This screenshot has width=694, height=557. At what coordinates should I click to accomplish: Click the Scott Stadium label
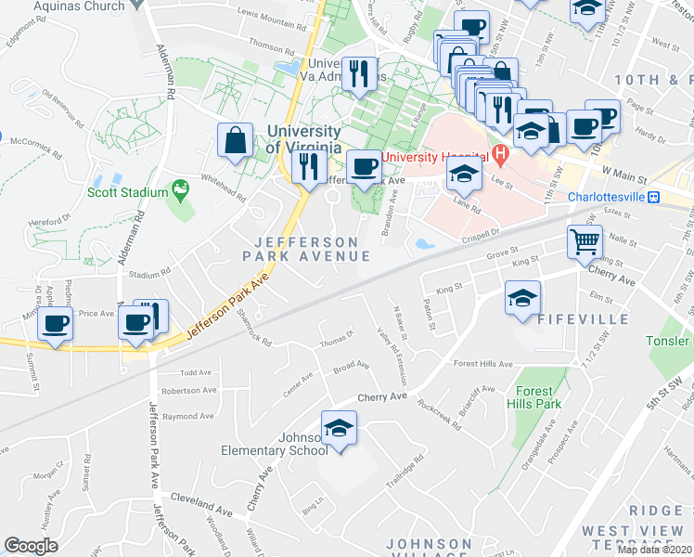(x=128, y=193)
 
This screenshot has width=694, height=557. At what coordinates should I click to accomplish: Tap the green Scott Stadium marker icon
(x=181, y=192)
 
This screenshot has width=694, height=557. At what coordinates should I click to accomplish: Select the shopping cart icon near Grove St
(x=585, y=243)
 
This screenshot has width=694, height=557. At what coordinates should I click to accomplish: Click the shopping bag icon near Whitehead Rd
(x=236, y=141)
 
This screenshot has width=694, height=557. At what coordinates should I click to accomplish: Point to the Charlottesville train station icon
(x=653, y=197)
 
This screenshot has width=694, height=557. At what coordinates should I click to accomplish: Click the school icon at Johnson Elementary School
(x=340, y=428)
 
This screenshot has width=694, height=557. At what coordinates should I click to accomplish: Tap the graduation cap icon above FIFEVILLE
(x=522, y=299)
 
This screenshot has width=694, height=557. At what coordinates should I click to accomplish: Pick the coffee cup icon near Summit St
(x=55, y=325)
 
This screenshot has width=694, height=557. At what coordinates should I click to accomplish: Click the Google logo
(x=32, y=546)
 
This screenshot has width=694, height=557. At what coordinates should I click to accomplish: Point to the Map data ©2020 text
(x=654, y=550)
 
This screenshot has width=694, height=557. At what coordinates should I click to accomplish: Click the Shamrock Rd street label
(x=253, y=328)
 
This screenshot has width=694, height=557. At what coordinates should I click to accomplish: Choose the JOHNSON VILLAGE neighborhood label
(x=429, y=550)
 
